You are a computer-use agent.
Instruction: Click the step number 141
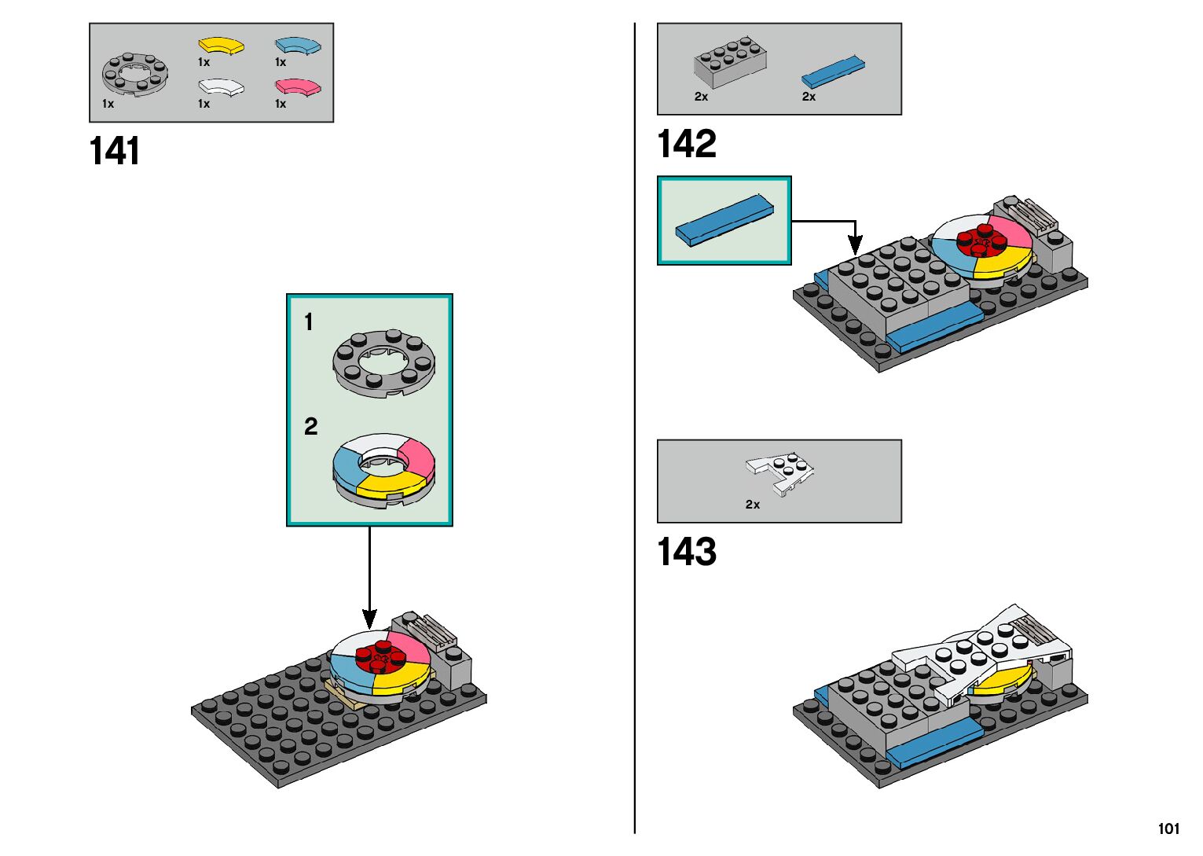(x=115, y=151)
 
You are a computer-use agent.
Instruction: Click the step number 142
(x=687, y=145)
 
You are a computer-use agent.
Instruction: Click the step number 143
(x=687, y=552)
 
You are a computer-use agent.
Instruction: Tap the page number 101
(x=1168, y=828)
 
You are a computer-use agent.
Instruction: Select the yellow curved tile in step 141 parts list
(x=221, y=46)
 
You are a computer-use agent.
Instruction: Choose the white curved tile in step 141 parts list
(x=221, y=86)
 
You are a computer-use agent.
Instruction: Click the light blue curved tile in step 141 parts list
(x=298, y=46)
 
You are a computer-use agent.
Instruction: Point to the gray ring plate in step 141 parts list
(x=134, y=74)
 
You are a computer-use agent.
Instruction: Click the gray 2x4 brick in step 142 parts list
(x=730, y=61)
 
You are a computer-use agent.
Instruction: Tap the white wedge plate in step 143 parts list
(x=780, y=473)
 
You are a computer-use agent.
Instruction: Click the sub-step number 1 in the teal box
(x=309, y=322)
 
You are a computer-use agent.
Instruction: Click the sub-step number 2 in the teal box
(x=311, y=427)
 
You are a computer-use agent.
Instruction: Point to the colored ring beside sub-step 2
(x=383, y=468)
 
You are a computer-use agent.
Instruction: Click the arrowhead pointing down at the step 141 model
(x=369, y=619)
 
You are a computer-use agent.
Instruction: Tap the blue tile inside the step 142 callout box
(x=724, y=220)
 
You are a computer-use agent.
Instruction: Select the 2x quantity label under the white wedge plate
(x=753, y=505)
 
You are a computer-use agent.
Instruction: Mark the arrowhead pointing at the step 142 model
(x=855, y=245)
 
